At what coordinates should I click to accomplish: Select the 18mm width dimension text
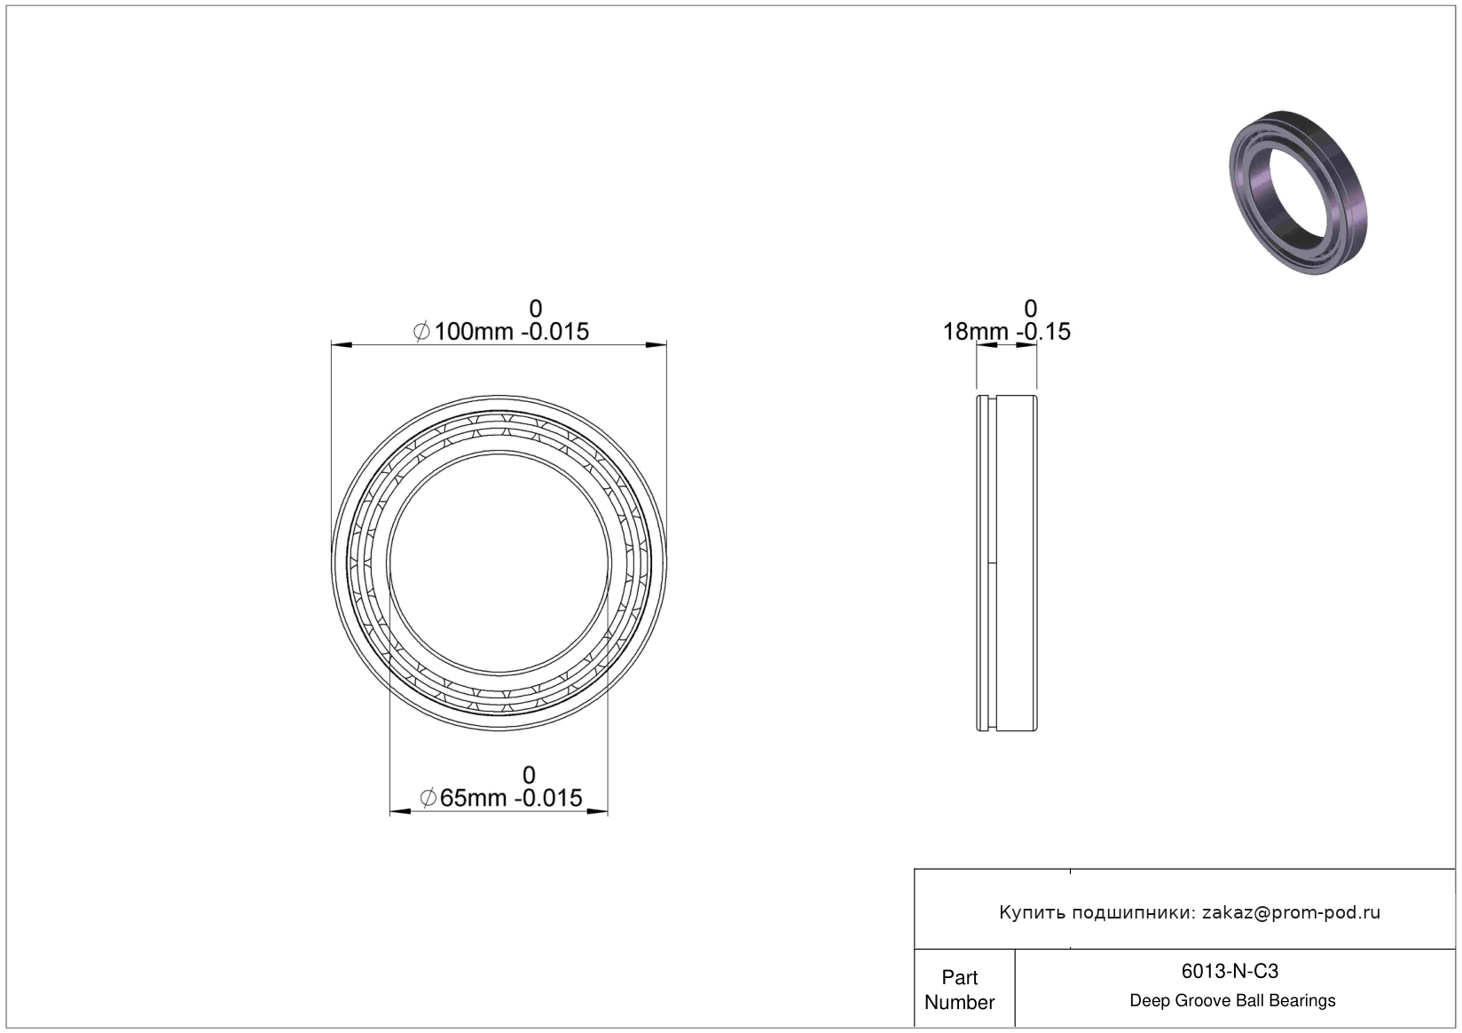(x=1006, y=332)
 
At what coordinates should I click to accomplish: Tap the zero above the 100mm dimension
(x=535, y=308)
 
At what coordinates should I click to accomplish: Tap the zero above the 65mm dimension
(x=529, y=775)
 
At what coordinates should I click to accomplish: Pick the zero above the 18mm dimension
(x=1030, y=308)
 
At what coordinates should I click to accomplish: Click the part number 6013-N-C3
(x=1230, y=972)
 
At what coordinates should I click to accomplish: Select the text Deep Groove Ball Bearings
(x=1232, y=1000)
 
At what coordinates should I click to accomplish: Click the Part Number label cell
(x=960, y=990)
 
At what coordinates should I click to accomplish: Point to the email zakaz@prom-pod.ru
(x=1291, y=912)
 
